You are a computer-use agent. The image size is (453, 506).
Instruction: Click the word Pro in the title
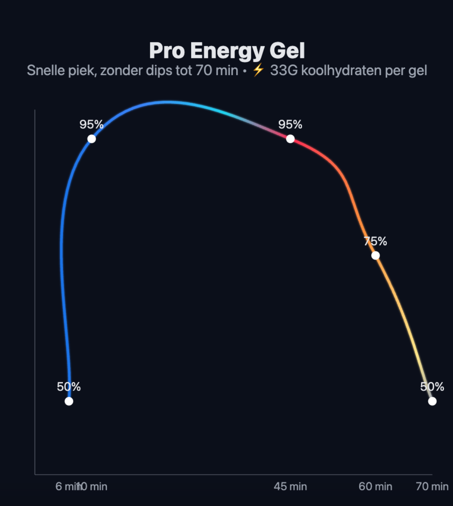coord(166,51)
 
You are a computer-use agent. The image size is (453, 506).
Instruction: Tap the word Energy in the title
coord(226,51)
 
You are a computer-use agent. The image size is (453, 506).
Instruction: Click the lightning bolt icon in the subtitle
coord(258,70)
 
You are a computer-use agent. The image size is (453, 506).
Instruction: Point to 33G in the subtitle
coord(284,70)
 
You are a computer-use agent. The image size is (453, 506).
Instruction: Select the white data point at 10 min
coord(91,139)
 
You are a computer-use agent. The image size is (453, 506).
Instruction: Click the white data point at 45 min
coord(290,139)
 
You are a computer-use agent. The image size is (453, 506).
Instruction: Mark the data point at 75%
coord(375,255)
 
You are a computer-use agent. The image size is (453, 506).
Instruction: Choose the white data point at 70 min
coord(432,401)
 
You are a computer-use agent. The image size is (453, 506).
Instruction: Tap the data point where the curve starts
coord(69,401)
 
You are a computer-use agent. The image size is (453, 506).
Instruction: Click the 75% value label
coord(375,241)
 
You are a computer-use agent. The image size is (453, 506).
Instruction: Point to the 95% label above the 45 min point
coord(290,125)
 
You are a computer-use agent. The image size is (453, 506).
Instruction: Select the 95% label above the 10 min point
coord(91,125)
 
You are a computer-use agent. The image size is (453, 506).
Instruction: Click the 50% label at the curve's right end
coord(432,387)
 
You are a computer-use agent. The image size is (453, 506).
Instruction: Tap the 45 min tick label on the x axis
coord(290,487)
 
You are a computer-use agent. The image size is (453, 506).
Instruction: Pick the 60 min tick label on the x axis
coord(375,487)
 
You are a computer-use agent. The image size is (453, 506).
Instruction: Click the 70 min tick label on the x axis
coord(432,487)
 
